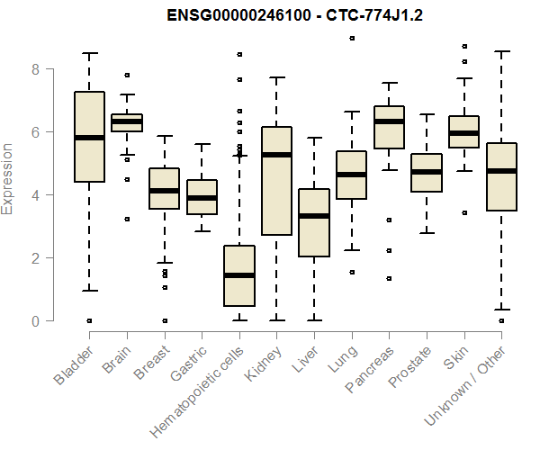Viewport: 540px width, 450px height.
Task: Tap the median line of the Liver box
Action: coord(314,216)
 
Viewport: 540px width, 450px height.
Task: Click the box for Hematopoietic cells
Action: coord(239,275)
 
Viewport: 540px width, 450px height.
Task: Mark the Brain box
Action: coord(126,122)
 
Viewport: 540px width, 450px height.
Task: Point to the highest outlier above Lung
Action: coord(352,38)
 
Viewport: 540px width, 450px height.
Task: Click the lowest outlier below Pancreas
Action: coord(389,278)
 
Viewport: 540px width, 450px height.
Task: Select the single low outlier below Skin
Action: coord(464,212)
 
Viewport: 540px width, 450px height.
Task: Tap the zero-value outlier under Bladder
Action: coord(89,320)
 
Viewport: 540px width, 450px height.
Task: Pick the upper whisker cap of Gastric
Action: coord(202,144)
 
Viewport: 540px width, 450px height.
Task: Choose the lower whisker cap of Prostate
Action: coord(427,233)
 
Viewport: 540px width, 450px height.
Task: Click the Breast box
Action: coord(164,188)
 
